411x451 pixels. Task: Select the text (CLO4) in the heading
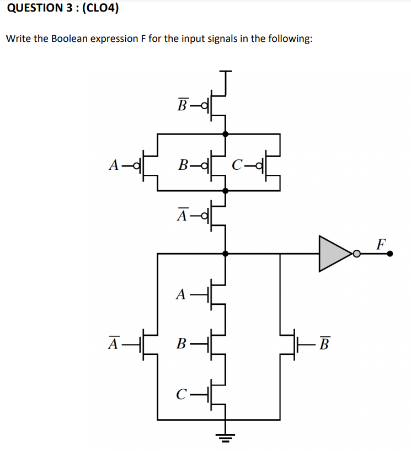99,8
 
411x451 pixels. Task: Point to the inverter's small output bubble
357,254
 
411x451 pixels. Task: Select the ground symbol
225,439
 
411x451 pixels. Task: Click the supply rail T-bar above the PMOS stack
225,72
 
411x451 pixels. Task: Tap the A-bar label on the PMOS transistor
182,214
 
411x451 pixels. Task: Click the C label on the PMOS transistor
237,164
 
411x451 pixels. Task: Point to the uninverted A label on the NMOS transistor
180,295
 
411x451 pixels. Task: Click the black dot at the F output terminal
390,254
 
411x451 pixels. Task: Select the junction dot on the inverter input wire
225,254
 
